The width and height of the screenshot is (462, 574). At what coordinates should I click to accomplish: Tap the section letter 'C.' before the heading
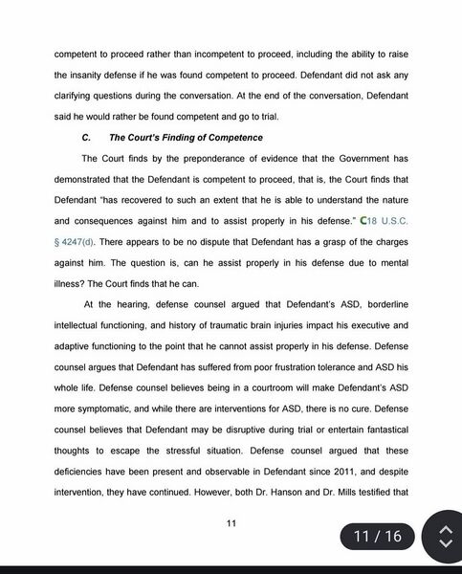pos(86,138)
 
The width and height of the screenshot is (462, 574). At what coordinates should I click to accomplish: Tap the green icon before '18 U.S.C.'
pos(353,222)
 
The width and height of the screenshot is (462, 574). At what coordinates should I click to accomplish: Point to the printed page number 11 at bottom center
pos(231,522)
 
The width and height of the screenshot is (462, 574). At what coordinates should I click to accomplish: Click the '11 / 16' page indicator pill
pos(378,537)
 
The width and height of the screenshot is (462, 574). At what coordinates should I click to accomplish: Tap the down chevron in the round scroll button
pos(444,545)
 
